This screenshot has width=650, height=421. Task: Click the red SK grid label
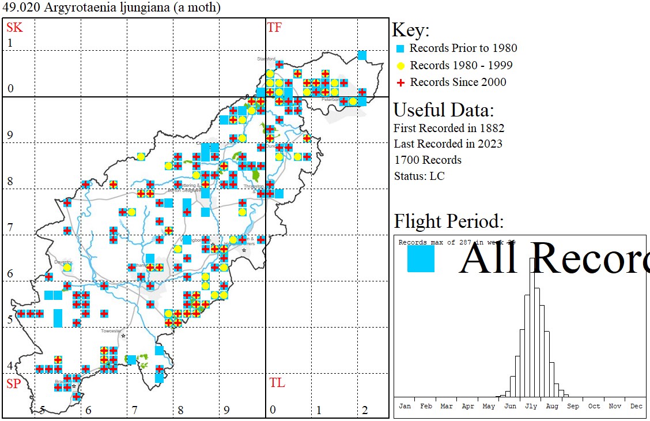[x=14, y=27]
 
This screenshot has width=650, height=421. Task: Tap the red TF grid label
[x=274, y=27]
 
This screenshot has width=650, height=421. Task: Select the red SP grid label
[x=14, y=384]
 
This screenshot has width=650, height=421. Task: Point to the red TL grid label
[x=277, y=383]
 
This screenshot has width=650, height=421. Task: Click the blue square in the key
[x=400, y=48]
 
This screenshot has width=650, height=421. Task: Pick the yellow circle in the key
[x=400, y=65]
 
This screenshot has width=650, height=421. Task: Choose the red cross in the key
[x=400, y=82]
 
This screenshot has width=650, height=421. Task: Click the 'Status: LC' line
[x=419, y=176]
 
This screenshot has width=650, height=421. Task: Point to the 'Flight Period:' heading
[x=448, y=221]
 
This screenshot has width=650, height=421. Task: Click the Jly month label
[x=531, y=406]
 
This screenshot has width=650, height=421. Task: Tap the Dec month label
[x=636, y=406]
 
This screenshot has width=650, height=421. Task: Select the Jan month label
[x=405, y=406]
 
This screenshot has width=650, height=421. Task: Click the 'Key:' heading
[x=410, y=31]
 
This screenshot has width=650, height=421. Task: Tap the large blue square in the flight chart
[x=421, y=259]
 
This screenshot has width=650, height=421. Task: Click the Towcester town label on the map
[x=111, y=331]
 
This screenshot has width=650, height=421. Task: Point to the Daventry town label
[x=63, y=261]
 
